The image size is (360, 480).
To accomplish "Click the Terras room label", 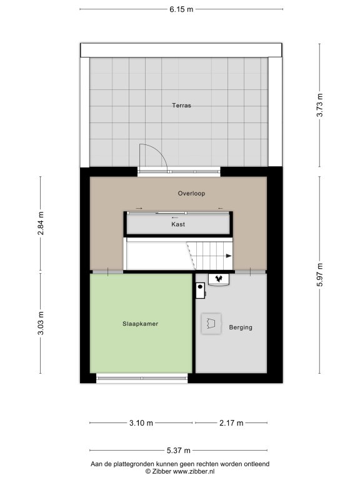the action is pos(181,105).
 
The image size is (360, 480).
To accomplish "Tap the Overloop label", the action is pos(191,194).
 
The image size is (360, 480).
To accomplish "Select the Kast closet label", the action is pos(178,224).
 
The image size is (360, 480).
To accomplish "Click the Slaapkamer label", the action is pos(140,324).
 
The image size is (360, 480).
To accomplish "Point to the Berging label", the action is pos(241,327).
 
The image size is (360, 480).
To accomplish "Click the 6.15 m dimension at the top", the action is pos(181,9).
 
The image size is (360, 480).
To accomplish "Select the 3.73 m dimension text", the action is pos(319,105).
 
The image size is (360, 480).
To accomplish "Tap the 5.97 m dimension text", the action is pos(319,274).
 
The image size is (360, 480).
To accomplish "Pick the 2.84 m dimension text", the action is pos(41,223).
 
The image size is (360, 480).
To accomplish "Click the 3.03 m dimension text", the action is pos(41,323).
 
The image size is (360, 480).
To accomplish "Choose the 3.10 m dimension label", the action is pos(141,423).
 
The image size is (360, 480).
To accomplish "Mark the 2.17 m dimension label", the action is pos(231,423).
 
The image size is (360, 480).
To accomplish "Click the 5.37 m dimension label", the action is pos(179,451).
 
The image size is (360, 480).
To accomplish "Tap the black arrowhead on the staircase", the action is pos(229,256).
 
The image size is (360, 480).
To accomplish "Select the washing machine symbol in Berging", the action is pos(211,324).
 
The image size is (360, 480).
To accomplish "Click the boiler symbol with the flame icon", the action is pos(219,279).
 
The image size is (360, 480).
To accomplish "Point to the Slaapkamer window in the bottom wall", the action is pos(142,378).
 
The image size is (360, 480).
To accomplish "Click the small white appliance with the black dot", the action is pos(200,290).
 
